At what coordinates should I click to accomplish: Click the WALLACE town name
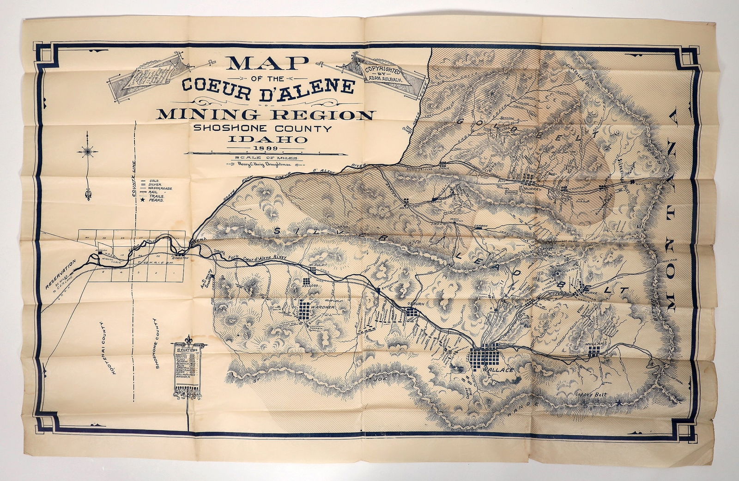(491, 370)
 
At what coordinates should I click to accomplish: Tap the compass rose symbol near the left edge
(87, 150)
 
